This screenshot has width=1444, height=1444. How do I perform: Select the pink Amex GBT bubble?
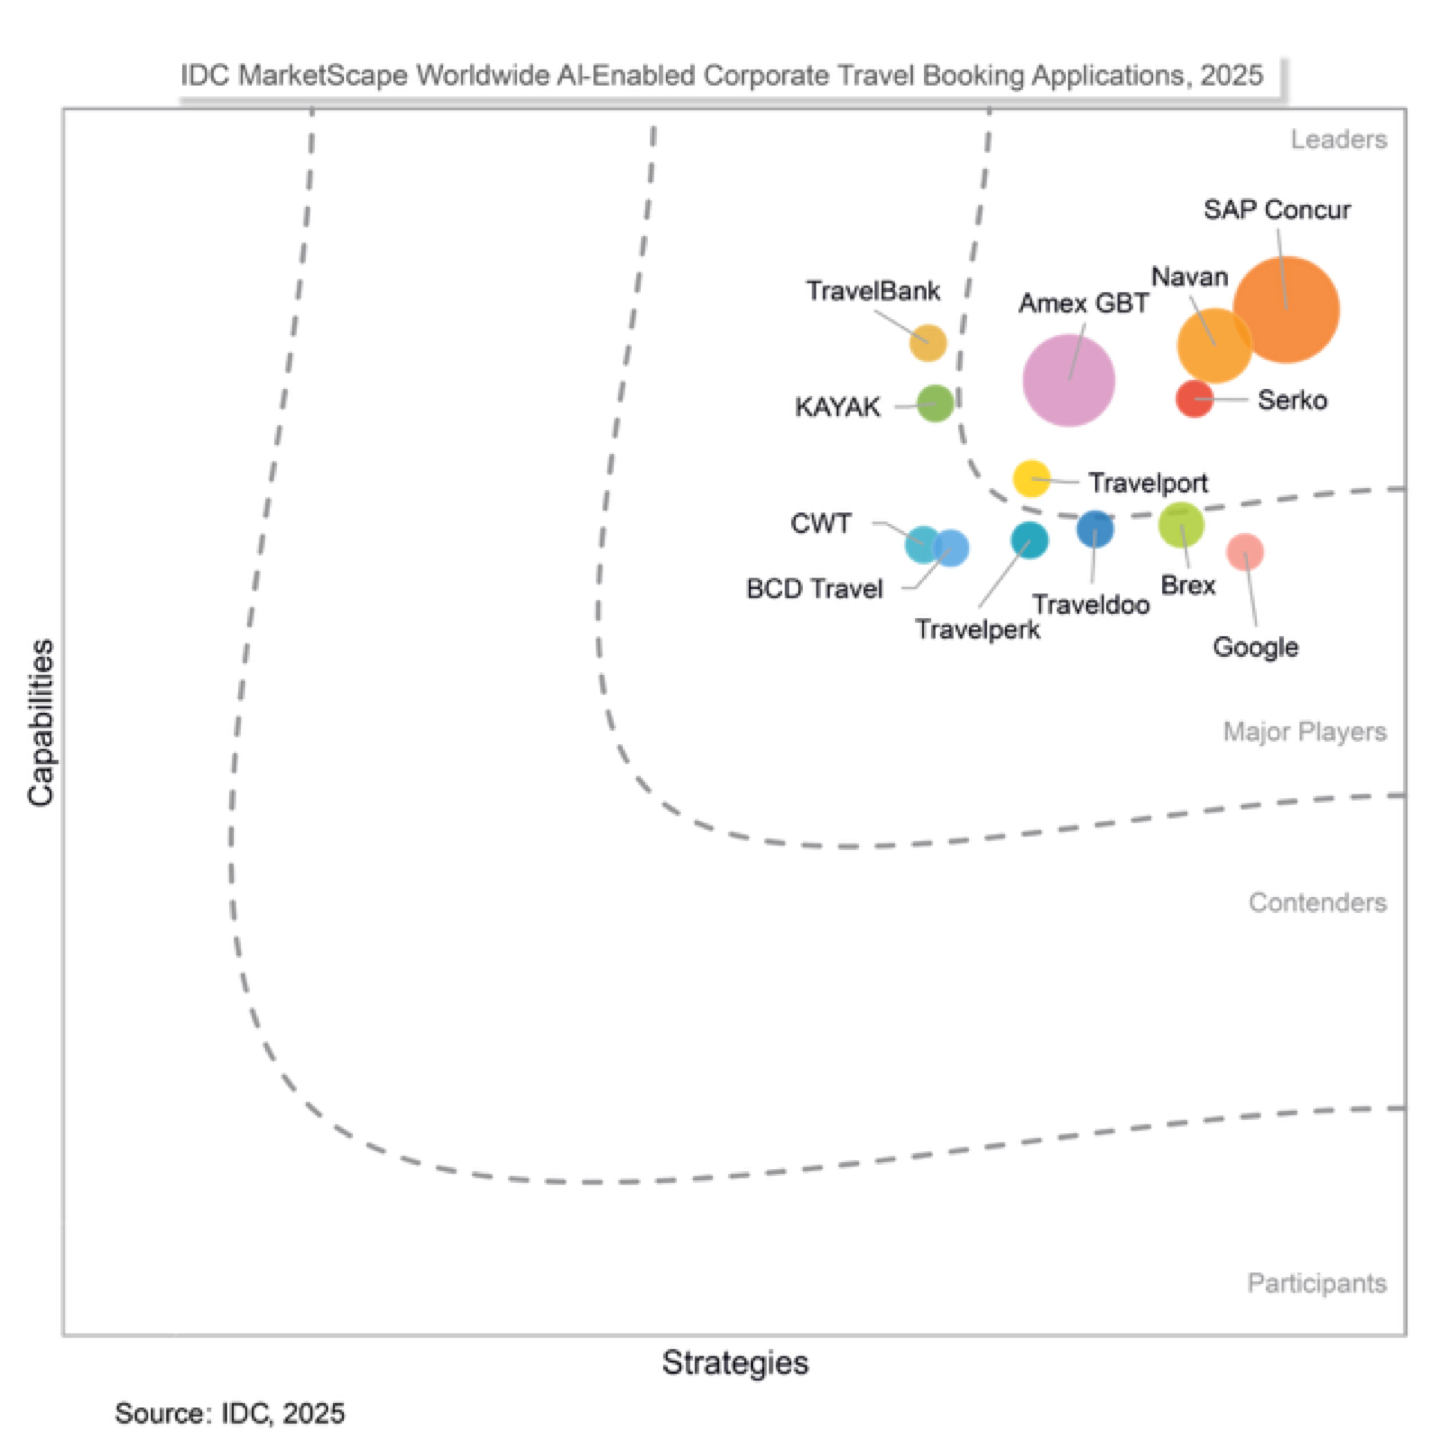tap(1069, 380)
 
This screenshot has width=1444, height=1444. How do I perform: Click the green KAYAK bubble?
tap(935, 403)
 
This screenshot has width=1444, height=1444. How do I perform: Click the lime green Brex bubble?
tap(1181, 525)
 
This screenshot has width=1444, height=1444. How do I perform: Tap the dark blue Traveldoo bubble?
tap(1095, 529)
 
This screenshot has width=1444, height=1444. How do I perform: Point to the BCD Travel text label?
tap(814, 589)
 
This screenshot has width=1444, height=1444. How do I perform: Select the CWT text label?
tap(821, 523)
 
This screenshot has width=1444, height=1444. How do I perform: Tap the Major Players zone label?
tap(1304, 732)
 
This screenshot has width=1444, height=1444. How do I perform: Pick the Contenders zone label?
tap(1317, 903)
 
